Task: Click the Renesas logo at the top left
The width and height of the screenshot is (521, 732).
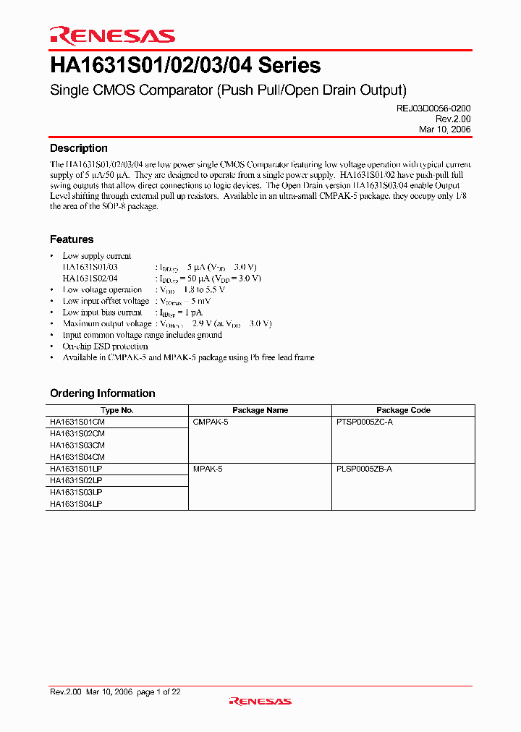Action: click(112, 35)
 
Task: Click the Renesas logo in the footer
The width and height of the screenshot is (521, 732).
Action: click(260, 701)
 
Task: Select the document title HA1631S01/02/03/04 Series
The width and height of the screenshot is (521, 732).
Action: click(185, 66)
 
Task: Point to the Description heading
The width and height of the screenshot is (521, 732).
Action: click(79, 148)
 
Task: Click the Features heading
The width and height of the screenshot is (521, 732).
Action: click(72, 239)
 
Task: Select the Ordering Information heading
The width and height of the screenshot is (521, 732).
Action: click(103, 393)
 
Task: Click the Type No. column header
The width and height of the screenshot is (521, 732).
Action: click(117, 410)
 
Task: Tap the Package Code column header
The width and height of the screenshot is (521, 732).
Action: click(403, 410)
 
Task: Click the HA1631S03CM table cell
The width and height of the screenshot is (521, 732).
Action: click(77, 445)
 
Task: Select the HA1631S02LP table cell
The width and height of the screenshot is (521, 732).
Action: click(76, 480)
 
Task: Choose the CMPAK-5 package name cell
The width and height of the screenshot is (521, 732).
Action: click(211, 421)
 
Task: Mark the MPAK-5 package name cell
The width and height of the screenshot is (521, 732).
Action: click(208, 469)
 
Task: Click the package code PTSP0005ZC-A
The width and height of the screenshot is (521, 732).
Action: click(365, 421)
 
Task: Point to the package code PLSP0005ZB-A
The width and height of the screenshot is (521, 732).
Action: click(365, 469)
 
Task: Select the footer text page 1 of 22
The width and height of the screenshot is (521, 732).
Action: click(158, 692)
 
